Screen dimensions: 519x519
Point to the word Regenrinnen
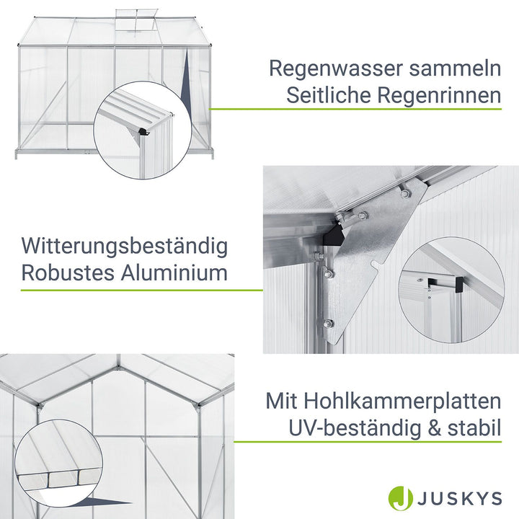443,95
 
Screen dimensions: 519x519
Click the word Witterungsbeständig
124,247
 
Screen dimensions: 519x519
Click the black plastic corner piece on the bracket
334,233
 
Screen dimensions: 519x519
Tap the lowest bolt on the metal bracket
329,324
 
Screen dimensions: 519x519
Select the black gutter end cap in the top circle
144,132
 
